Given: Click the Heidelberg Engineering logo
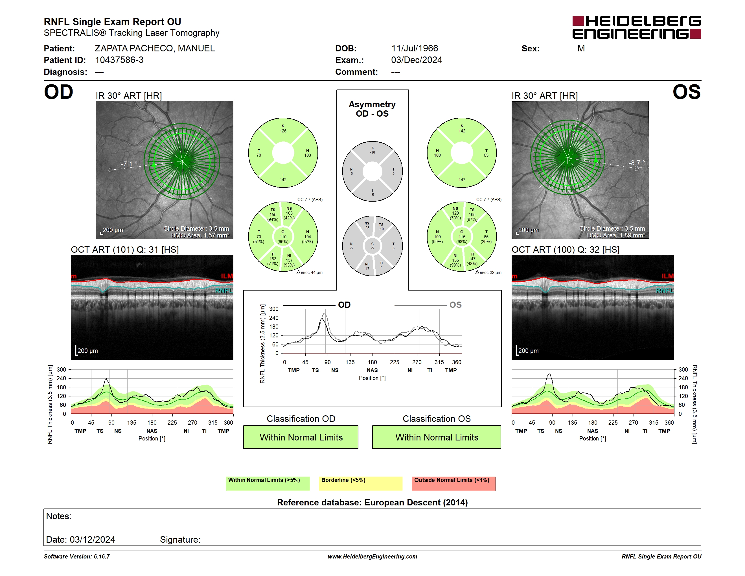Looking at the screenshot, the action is [637, 27].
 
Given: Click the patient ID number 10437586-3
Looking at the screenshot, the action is [119, 60].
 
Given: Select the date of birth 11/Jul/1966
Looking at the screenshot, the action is [415, 49].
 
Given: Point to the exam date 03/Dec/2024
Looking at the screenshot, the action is [417, 60].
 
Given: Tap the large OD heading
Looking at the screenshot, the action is [58, 92].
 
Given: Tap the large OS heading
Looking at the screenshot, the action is [687, 92].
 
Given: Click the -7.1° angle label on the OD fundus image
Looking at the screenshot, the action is [129, 164].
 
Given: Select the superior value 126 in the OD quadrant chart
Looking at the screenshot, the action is [283, 131].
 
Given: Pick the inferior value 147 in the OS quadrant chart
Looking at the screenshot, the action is [462, 180].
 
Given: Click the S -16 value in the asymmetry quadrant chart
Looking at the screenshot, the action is [373, 150].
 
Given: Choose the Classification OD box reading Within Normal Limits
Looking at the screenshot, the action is [301, 437].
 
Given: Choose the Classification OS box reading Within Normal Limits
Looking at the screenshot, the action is [437, 437].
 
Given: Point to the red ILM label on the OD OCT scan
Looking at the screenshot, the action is [227, 276].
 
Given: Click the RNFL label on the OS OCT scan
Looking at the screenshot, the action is [665, 291].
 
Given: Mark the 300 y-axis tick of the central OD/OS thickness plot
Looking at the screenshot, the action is [274, 309].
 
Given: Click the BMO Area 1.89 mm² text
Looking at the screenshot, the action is [616, 235].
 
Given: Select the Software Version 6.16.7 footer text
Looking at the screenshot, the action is [77, 557].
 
